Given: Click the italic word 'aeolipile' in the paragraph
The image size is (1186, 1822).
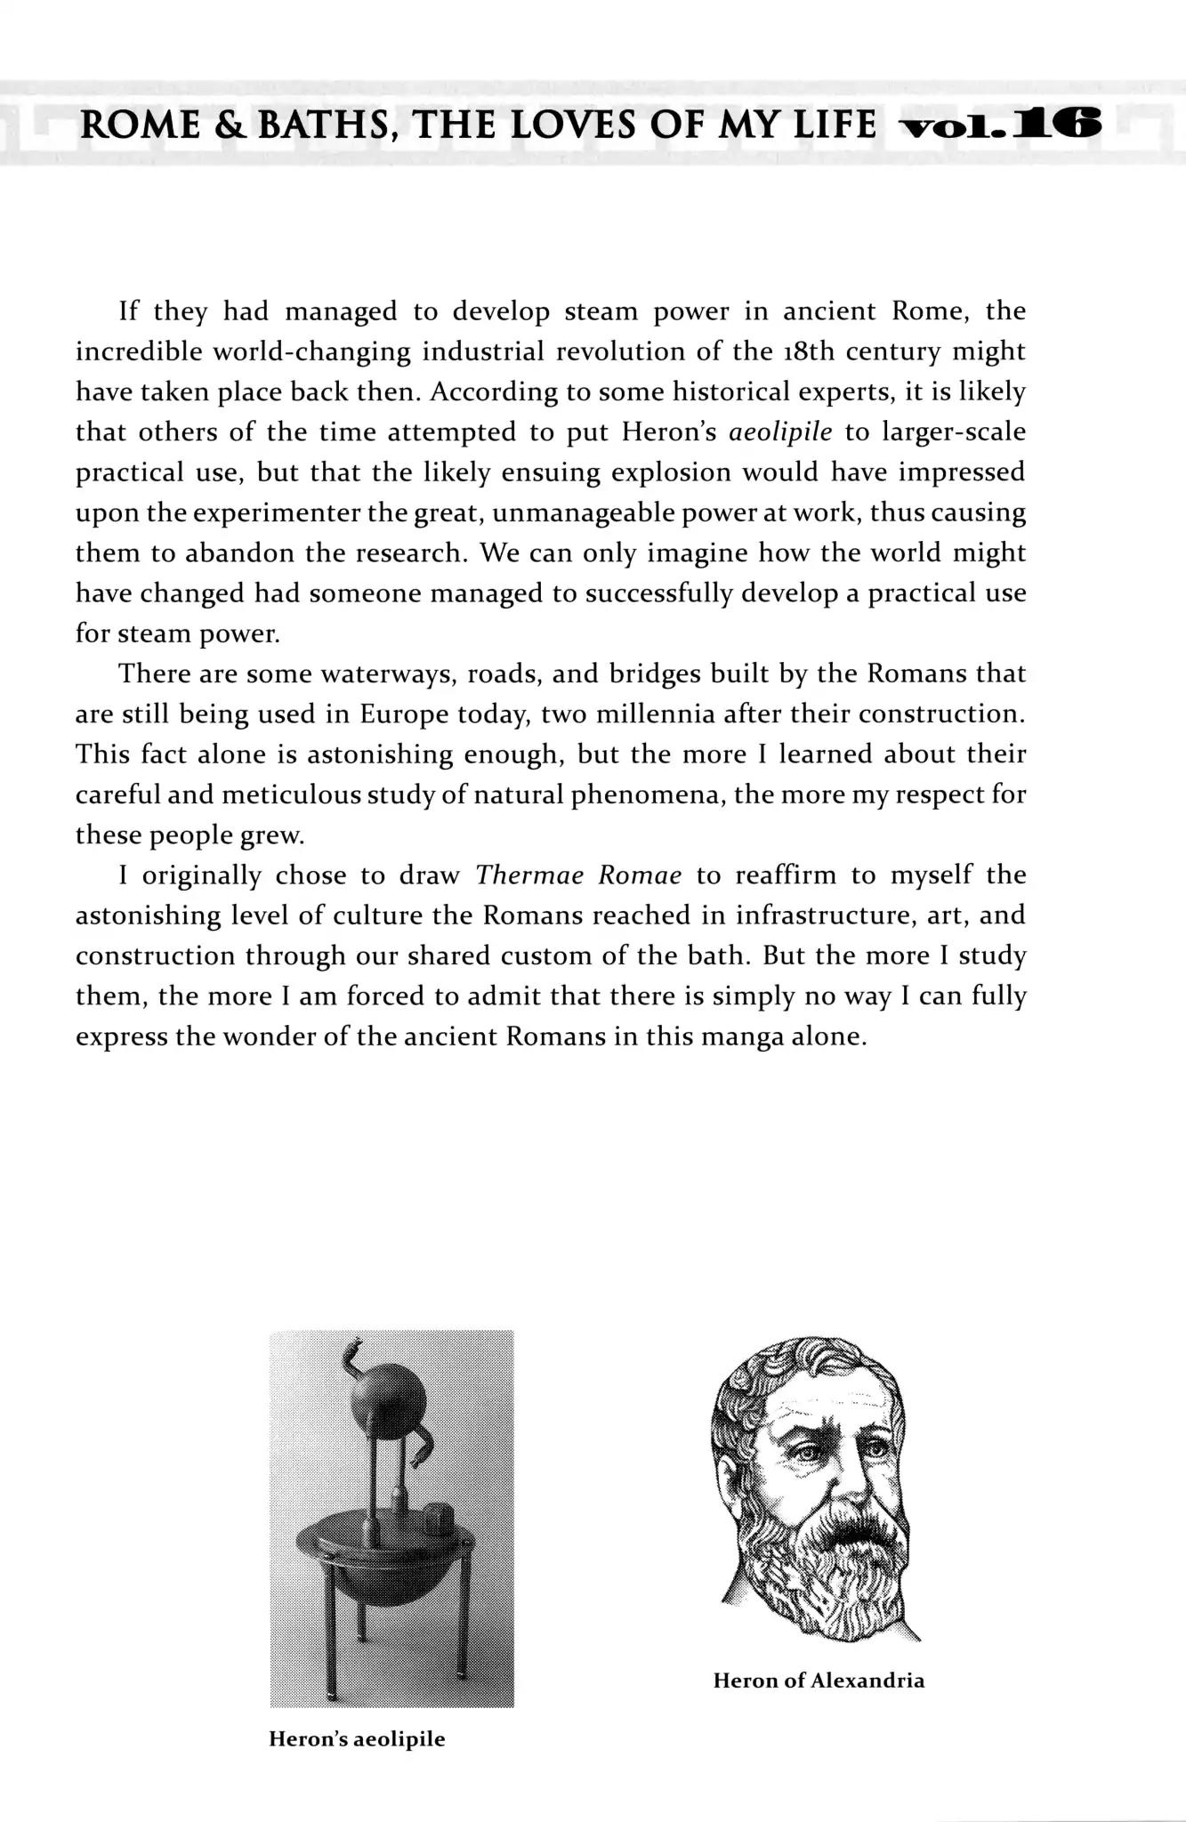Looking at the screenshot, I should click(x=779, y=432).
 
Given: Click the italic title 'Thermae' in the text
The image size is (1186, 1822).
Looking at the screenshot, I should click(x=529, y=875).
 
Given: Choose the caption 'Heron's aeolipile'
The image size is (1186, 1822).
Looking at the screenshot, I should click(x=357, y=1739).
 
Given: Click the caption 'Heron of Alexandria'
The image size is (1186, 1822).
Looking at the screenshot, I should click(x=819, y=1681).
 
